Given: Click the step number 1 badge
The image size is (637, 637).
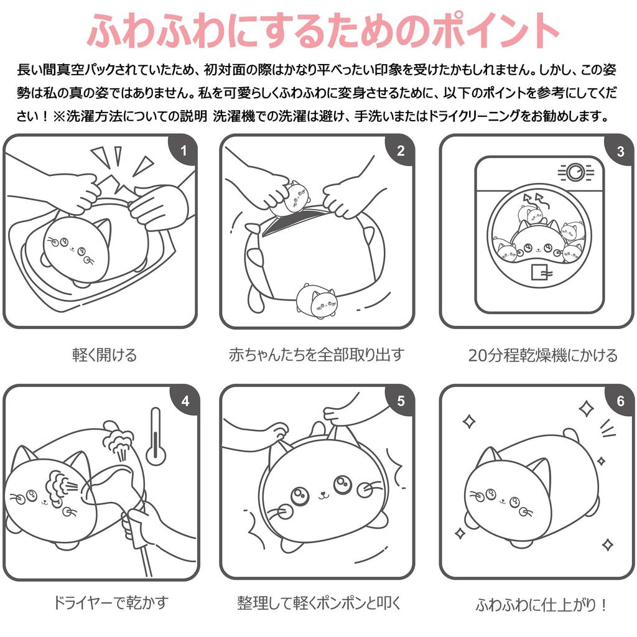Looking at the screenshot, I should [x=183, y=151].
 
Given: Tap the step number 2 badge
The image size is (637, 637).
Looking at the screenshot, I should [x=400, y=151].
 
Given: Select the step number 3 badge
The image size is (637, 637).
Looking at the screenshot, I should [x=620, y=151].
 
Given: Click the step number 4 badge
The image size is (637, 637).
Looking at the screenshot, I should [x=185, y=401].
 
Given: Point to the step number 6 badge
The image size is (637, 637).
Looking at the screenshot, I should [x=620, y=401].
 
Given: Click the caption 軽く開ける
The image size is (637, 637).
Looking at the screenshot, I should [x=104, y=355].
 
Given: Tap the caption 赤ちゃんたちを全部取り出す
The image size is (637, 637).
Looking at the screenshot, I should [x=317, y=355].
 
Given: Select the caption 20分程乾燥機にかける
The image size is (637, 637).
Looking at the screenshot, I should [x=542, y=355].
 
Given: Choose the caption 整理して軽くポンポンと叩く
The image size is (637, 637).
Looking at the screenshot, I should [x=319, y=603].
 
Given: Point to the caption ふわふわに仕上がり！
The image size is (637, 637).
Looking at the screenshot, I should [x=541, y=605].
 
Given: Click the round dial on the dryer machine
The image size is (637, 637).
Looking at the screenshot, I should [x=575, y=171].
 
